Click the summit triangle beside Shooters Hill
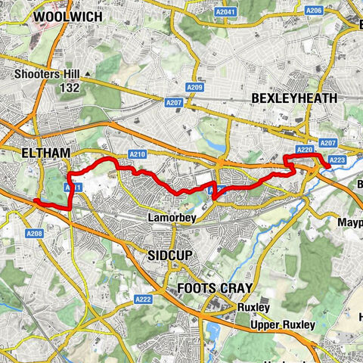tap(88, 74)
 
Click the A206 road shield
tap(314, 10)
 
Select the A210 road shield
tap(137, 155)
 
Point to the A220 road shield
tap(304, 150)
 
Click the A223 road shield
tap(337, 159)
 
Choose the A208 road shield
tap(35, 234)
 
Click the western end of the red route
tap(35, 200)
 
